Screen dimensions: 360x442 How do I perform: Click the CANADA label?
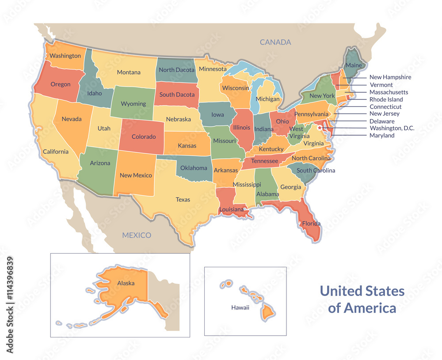pyautogui.click(x=275, y=42)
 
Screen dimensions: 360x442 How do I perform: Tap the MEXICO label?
pyautogui.click(x=137, y=235)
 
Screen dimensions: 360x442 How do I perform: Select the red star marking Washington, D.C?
pyautogui.click(x=320, y=128)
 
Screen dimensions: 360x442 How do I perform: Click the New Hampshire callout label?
pyautogui.click(x=390, y=77)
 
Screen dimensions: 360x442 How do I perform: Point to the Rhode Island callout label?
pyautogui.click(x=386, y=99)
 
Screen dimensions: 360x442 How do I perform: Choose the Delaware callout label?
pyautogui.click(x=382, y=121)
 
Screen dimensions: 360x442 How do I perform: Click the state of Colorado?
pyautogui.click(x=144, y=136)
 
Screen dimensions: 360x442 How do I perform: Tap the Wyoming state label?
pyautogui.click(x=133, y=104)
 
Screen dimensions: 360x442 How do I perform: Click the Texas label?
pyautogui.click(x=183, y=200)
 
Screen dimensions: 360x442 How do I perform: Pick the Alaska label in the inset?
pyautogui.click(x=126, y=283)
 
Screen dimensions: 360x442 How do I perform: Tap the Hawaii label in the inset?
pyautogui.click(x=240, y=307)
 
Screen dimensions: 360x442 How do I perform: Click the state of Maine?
pyautogui.click(x=354, y=65)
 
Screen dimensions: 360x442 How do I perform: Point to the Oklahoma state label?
pyautogui.click(x=194, y=168)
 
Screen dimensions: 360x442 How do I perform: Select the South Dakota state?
pyautogui.click(x=177, y=95)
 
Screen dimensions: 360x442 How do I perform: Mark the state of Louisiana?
pyautogui.click(x=231, y=209)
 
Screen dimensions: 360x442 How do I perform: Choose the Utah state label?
pyautogui.click(x=104, y=129)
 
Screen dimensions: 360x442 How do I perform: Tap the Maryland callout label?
pyautogui.click(x=382, y=136)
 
